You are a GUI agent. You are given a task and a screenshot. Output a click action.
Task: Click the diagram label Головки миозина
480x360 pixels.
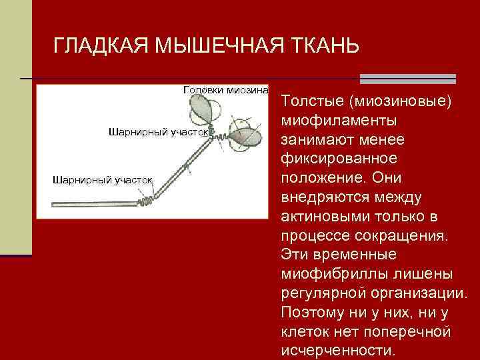(225, 89)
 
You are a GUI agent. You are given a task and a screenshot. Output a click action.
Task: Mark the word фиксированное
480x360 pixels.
(339, 159)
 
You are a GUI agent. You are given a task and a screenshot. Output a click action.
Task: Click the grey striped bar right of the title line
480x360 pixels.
(407, 79)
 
